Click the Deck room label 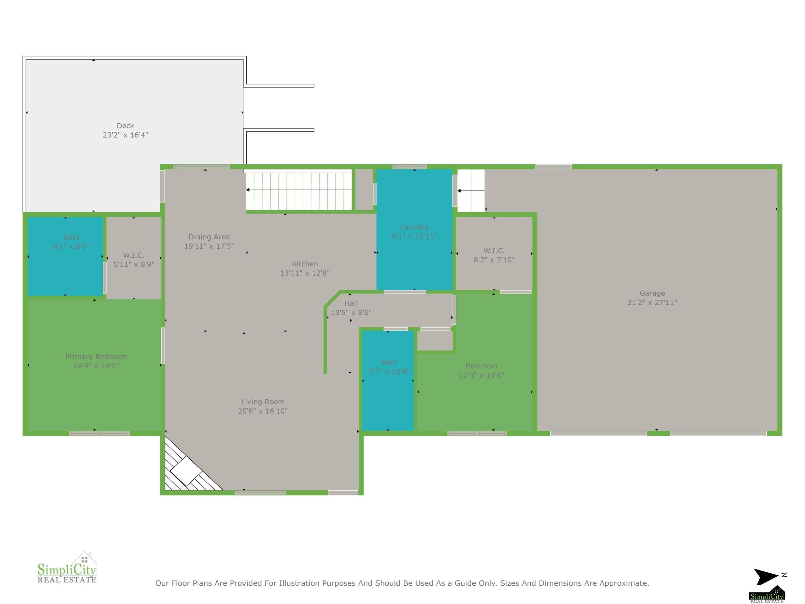tap(125, 126)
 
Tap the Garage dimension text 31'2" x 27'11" tap(652, 302)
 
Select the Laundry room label tap(414, 227)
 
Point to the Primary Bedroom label tap(96, 356)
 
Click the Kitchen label tap(305, 264)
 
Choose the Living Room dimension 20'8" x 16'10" tap(263, 411)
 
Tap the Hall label tap(351, 303)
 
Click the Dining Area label tap(209, 237)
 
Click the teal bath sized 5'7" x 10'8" tap(388, 380)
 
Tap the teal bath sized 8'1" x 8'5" tap(65, 256)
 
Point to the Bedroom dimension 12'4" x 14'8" tap(481, 375)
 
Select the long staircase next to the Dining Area tap(299, 191)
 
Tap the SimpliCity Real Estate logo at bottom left tap(67, 568)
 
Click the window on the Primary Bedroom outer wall tap(99, 433)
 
